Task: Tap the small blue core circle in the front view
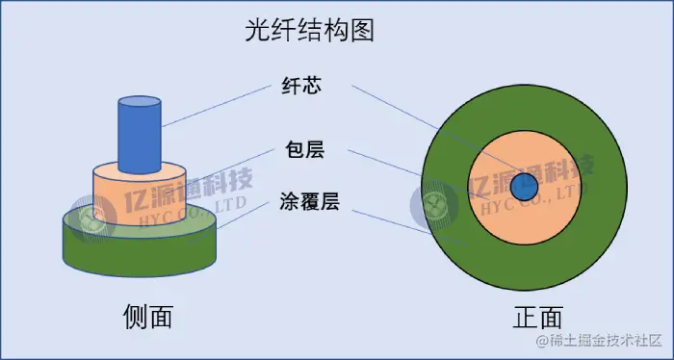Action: [x=525, y=187]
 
